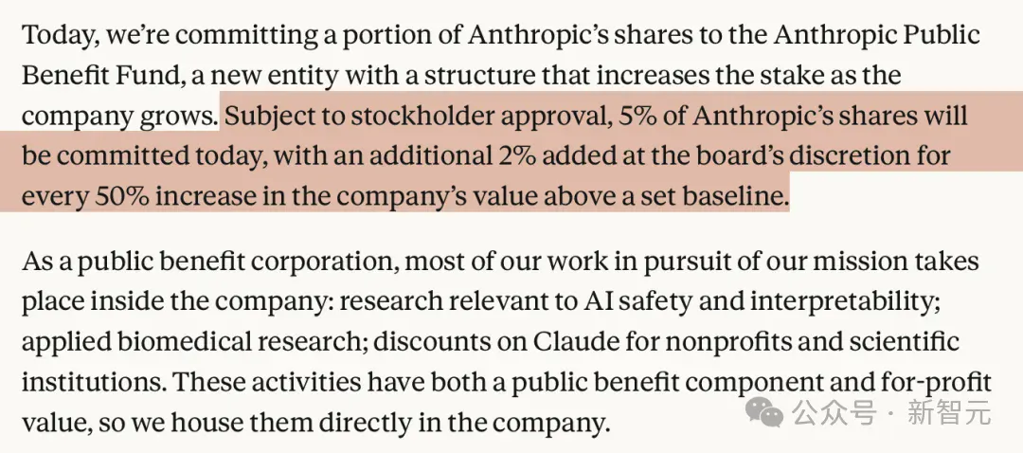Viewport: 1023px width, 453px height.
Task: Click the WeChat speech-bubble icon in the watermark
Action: pos(764,411)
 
